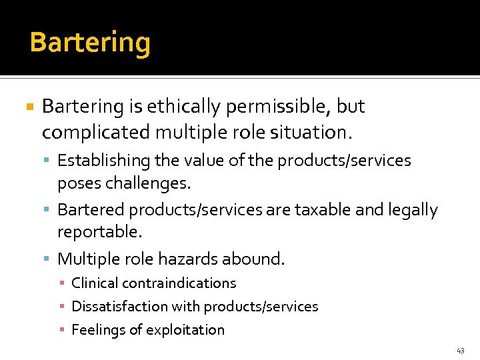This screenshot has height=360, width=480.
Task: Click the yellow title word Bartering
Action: point(90,43)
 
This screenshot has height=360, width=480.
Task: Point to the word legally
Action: point(414,210)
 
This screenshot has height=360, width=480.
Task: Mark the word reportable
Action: point(100,232)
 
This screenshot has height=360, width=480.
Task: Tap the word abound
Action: point(255,259)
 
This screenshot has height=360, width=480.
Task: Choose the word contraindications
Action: point(176,283)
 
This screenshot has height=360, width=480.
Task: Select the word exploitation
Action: point(187,330)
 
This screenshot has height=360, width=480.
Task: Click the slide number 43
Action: point(461,350)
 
